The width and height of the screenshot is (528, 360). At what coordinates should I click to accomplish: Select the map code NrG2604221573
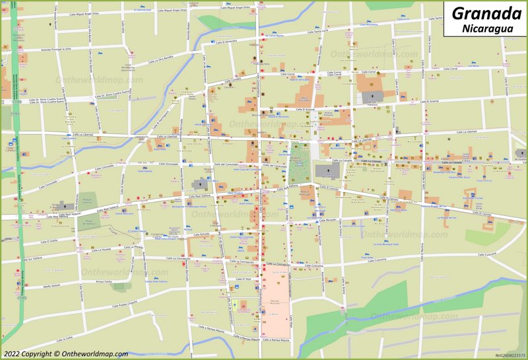[x=510, y=355]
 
